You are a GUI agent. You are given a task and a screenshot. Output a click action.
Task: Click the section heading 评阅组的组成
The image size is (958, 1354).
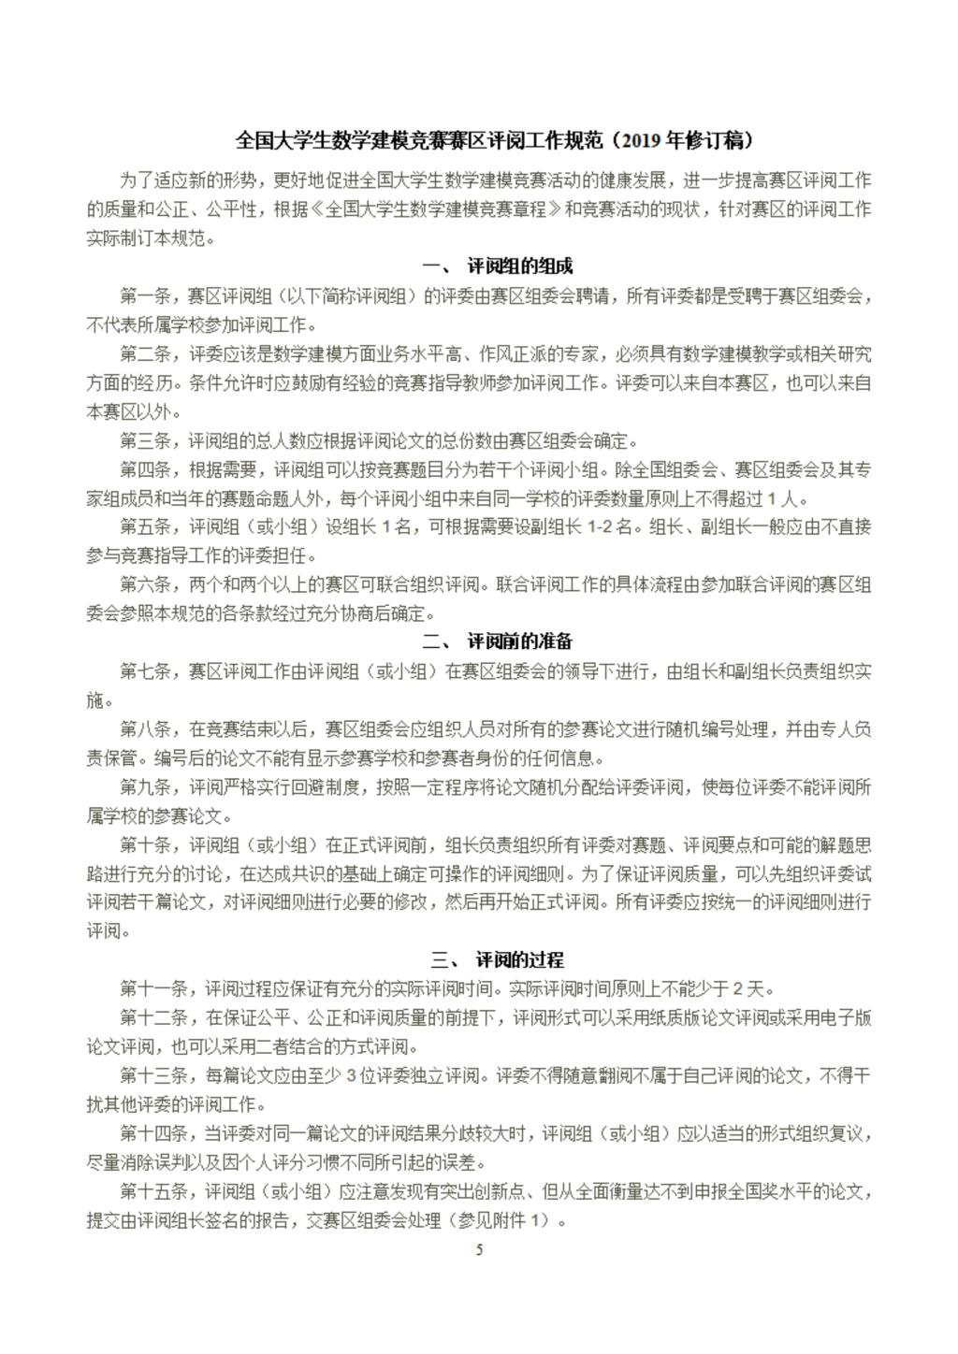[x=520, y=266]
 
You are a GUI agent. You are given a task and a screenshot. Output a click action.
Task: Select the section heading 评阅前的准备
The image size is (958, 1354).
[x=520, y=641]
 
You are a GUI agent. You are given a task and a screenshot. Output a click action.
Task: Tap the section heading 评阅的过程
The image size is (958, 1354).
[x=520, y=959]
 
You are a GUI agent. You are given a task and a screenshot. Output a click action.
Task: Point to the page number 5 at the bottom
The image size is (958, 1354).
[x=480, y=1250]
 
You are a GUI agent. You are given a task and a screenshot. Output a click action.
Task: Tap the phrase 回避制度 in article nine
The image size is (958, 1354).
[x=327, y=787]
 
